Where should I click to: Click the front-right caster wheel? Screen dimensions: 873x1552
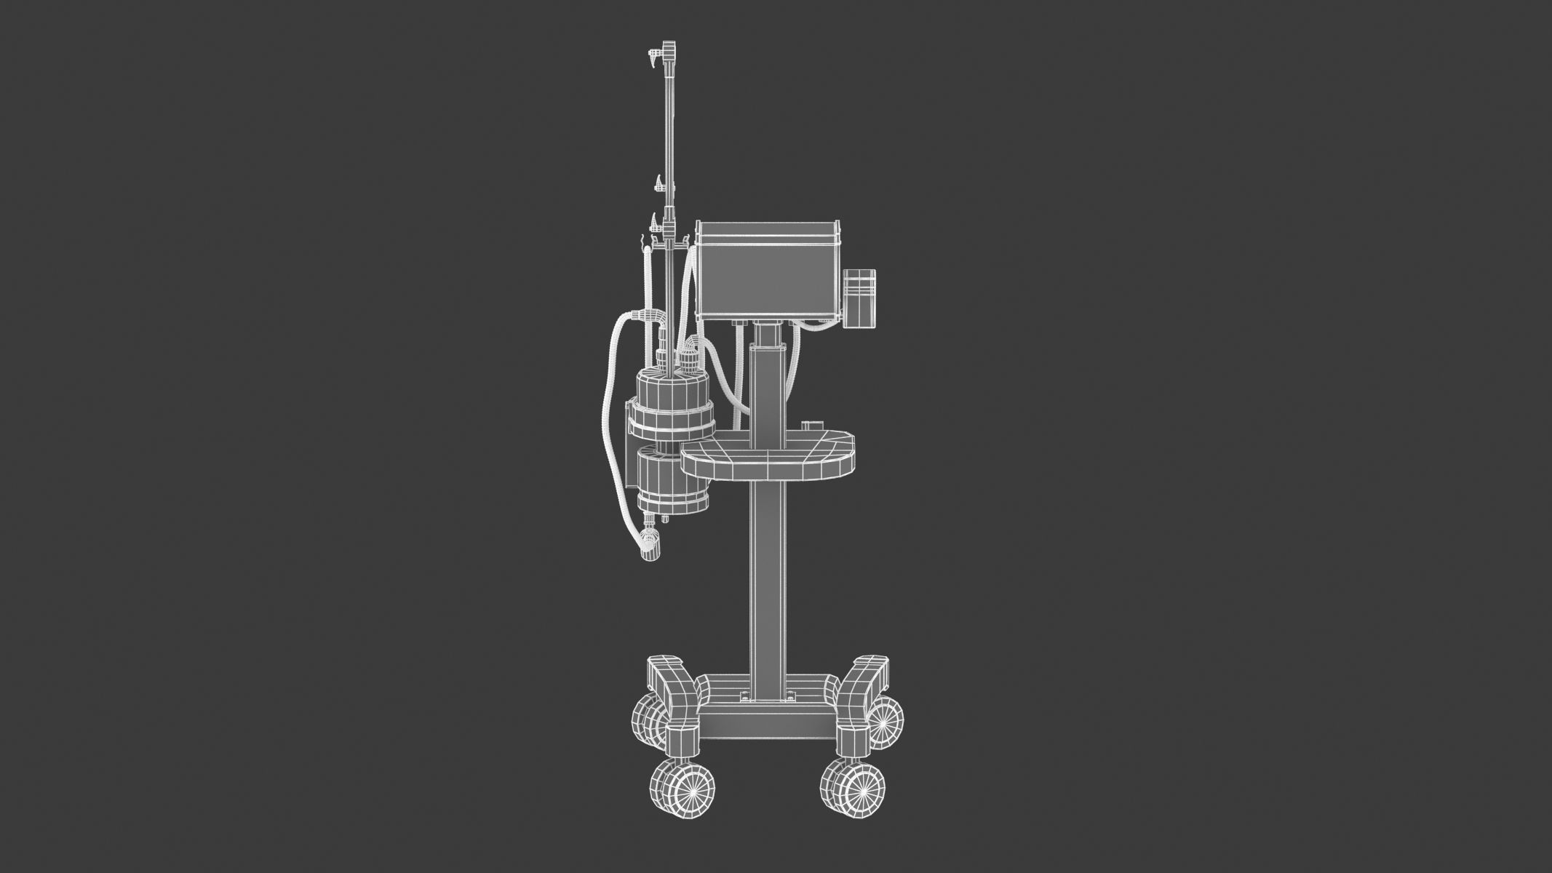pyautogui.click(x=854, y=789)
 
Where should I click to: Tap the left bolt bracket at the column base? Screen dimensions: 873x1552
pyautogui.click(x=743, y=698)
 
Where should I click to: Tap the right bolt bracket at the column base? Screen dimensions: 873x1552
pyautogui.click(x=789, y=698)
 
